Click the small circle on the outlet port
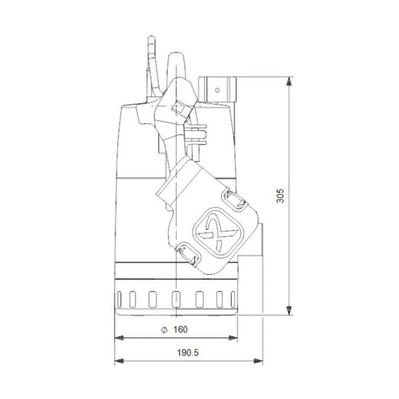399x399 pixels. [215, 88]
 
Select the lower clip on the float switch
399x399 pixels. [184, 252]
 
